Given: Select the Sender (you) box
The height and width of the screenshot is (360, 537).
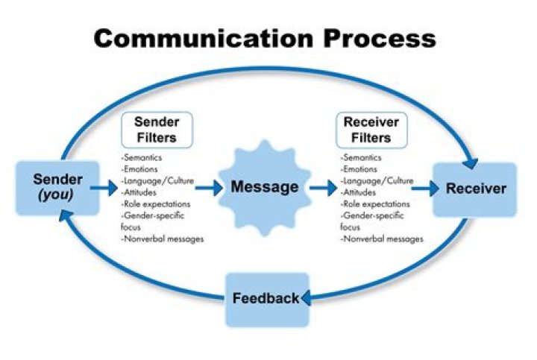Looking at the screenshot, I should [57, 188].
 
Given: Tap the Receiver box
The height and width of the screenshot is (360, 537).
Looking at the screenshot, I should [474, 189].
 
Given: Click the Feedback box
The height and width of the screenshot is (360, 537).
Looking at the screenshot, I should [266, 299].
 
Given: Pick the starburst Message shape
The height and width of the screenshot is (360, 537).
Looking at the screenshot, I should [265, 188].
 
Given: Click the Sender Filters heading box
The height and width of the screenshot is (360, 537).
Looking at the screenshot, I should [155, 130].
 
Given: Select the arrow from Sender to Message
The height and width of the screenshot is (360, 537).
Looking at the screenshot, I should [105, 189].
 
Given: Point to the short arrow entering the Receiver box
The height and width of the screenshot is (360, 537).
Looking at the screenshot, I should [424, 189].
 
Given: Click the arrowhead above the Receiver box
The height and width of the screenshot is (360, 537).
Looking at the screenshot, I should [471, 160].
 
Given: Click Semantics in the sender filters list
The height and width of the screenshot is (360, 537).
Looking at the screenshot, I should [142, 158].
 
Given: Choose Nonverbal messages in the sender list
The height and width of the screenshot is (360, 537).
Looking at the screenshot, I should [162, 239].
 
